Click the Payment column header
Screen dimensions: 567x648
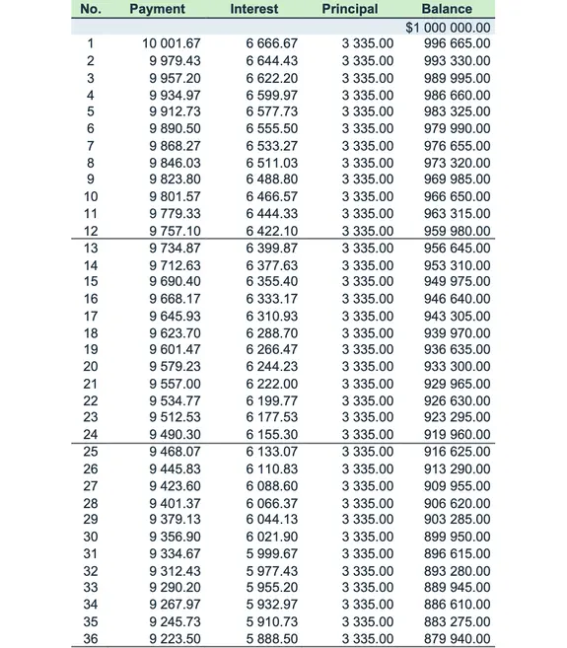(157, 9)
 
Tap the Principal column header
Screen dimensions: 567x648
(349, 9)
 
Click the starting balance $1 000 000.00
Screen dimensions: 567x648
(448, 27)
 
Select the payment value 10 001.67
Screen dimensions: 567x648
(172, 43)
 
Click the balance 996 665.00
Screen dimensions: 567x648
(456, 43)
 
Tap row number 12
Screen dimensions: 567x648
(91, 231)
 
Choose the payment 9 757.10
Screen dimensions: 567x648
(175, 231)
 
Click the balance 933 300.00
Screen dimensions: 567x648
(456, 367)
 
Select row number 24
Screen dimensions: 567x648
(91, 435)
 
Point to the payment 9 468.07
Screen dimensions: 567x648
(175, 452)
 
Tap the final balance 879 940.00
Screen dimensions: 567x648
(456, 639)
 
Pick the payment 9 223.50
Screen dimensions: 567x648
(175, 639)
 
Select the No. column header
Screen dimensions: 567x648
(91, 9)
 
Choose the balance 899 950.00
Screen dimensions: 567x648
(456, 538)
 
